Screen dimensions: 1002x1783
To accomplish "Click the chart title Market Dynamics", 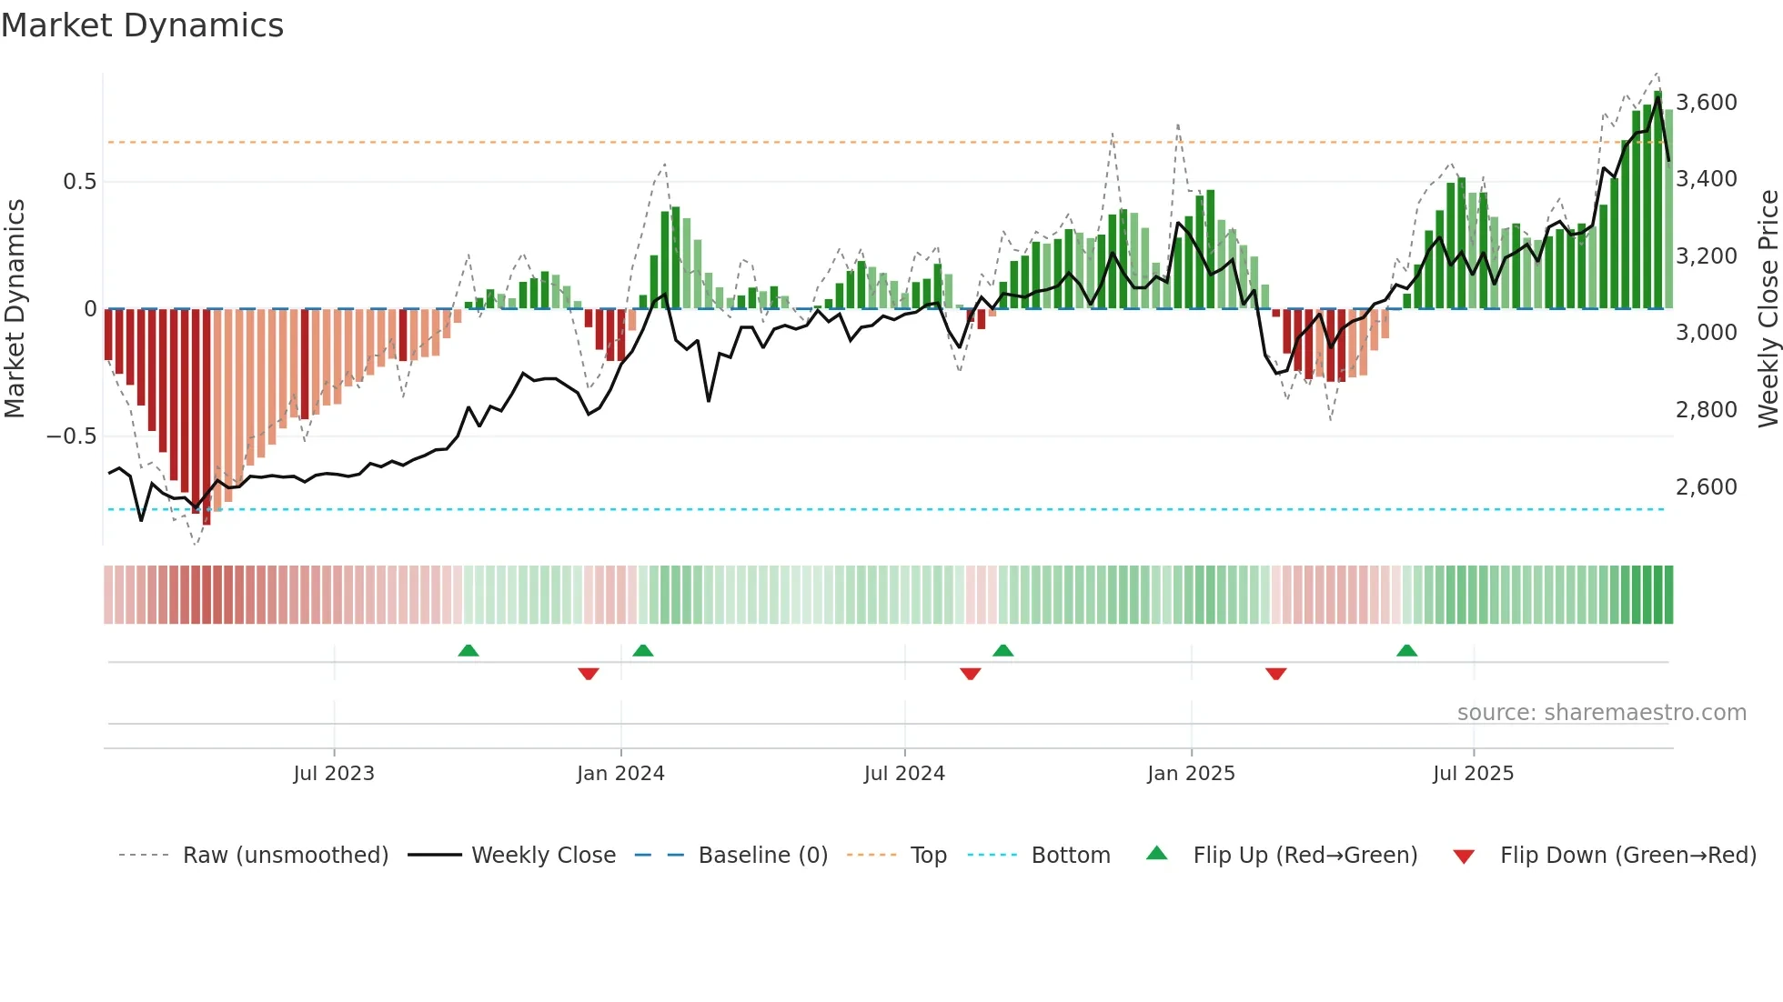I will [143, 25].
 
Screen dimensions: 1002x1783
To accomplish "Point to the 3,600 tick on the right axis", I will [1707, 102].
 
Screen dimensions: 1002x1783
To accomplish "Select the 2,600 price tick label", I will [1707, 486].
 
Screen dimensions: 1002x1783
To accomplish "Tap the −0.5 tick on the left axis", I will [72, 436].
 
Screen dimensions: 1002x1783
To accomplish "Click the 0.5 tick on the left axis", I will [79, 181].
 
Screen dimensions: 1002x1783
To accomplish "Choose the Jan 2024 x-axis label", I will [620, 773].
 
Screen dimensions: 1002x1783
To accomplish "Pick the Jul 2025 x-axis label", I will [1473, 773].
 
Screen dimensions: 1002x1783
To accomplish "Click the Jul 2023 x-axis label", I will [334, 773].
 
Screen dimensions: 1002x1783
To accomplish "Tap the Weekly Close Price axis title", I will [1768, 309].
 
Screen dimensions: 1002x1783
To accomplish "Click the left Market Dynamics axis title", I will [15, 309].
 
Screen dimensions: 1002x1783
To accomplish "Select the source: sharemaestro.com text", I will [1601, 712].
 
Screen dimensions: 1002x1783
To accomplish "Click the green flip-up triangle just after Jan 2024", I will [643, 650].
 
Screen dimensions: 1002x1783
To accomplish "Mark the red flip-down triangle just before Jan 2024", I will [589, 674].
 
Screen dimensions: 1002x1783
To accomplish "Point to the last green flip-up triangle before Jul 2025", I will [1406, 650].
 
